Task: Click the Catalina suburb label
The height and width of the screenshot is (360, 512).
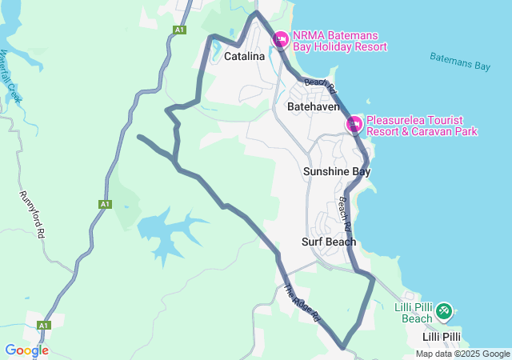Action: pyautogui.click(x=244, y=57)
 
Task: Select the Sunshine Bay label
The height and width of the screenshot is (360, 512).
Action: pyautogui.click(x=337, y=171)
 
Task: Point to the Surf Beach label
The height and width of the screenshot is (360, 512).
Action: pyautogui.click(x=329, y=242)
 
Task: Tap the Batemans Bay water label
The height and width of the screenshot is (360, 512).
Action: pyautogui.click(x=459, y=62)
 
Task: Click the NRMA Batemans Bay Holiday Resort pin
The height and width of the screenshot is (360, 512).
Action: pyautogui.click(x=281, y=39)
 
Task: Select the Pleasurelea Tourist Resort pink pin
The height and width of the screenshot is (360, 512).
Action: pyautogui.click(x=354, y=124)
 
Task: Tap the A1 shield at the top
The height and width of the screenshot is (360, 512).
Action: pyautogui.click(x=179, y=30)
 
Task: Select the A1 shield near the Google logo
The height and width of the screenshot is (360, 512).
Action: pyautogui.click(x=44, y=326)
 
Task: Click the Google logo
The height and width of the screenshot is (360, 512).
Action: pyautogui.click(x=26, y=350)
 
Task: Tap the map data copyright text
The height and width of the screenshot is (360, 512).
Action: pyautogui.click(x=462, y=354)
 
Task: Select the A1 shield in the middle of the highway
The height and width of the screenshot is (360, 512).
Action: pyautogui.click(x=105, y=205)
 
